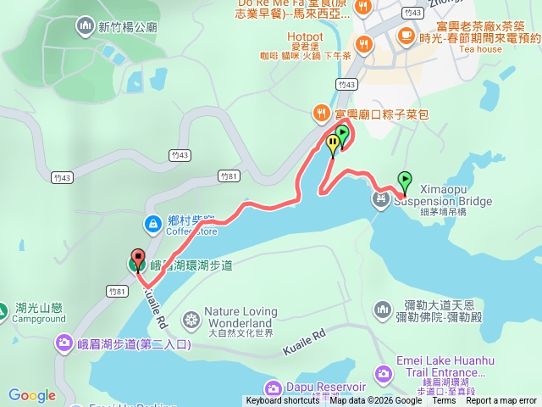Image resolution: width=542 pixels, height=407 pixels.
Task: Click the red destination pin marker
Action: (x=136, y=259)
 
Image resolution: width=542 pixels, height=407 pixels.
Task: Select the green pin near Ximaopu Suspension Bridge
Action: (x=405, y=180)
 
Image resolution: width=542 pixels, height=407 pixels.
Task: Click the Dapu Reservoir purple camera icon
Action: (x=273, y=388)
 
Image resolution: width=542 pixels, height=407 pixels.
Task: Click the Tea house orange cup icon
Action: (x=406, y=35)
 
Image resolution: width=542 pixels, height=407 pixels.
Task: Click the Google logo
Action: (x=31, y=395)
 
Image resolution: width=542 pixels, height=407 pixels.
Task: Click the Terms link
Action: (x=444, y=401)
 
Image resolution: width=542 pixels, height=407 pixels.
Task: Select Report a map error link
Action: (x=501, y=401)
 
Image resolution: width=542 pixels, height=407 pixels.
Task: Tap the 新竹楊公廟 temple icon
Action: (x=86, y=26)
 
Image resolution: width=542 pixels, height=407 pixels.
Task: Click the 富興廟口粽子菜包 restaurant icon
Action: (x=321, y=112)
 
